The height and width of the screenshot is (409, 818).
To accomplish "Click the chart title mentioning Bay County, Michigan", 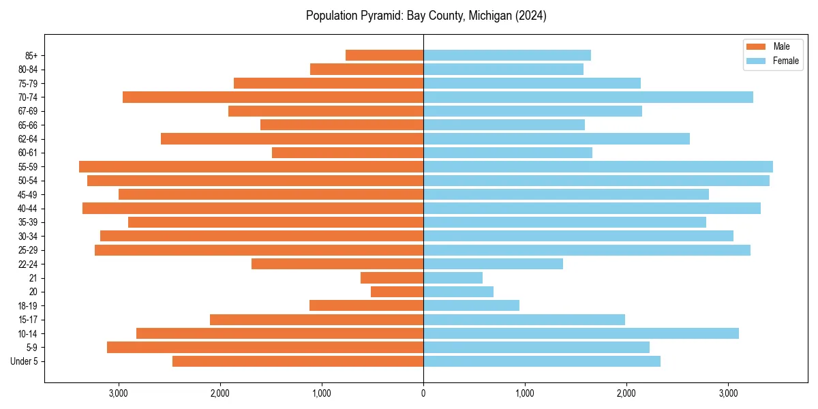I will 426,16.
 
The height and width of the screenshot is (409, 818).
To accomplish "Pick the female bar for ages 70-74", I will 588,97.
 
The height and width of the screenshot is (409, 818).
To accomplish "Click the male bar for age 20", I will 397,292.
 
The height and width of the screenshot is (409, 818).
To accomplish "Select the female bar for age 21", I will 453,277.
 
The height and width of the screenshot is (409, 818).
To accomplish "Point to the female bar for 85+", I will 507,55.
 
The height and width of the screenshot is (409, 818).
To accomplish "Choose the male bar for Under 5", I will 298,361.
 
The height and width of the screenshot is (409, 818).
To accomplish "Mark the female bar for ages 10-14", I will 581,333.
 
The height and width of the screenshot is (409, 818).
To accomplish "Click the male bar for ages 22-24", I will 337,264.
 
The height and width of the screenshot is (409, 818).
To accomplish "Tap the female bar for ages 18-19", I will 471,305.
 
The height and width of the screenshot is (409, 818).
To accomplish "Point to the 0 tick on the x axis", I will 423,393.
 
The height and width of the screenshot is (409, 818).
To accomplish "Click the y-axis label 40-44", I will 28,209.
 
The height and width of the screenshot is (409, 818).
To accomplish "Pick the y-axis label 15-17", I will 28,320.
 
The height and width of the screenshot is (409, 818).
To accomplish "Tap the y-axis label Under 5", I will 25,361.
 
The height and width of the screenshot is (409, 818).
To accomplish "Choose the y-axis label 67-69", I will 28,111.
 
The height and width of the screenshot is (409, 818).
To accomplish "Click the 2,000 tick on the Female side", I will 626,393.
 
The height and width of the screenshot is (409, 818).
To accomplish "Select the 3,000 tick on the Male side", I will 119,393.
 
